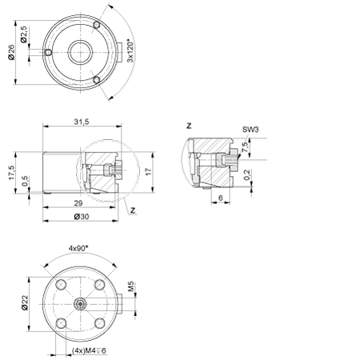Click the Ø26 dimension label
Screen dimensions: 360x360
tap(11, 52)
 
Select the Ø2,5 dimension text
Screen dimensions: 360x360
tap(24, 34)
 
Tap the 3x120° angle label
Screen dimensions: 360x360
tap(130, 51)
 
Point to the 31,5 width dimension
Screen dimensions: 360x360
tap(82, 122)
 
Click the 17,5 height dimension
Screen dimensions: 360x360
tap(11, 172)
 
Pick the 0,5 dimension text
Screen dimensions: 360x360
tap(25, 181)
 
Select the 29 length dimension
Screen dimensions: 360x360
tap(78, 203)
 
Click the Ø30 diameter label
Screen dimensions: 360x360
tap(82, 217)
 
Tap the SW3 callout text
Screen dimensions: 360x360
tap(250, 130)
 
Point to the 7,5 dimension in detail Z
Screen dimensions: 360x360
tap(245, 147)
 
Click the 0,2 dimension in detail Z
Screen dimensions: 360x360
tap(247, 174)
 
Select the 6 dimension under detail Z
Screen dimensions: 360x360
tap(221, 198)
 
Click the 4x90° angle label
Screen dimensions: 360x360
tap(78, 248)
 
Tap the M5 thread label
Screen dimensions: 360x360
tap(131, 286)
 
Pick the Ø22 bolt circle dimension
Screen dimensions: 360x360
tap(25, 302)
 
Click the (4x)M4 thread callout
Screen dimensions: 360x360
tap(89, 350)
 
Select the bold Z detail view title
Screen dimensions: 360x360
tap(189, 126)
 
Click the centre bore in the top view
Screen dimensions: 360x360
tap(80, 52)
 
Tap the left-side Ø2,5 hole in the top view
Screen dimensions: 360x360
tap(48, 52)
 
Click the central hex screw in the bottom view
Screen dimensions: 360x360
tap(80, 304)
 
